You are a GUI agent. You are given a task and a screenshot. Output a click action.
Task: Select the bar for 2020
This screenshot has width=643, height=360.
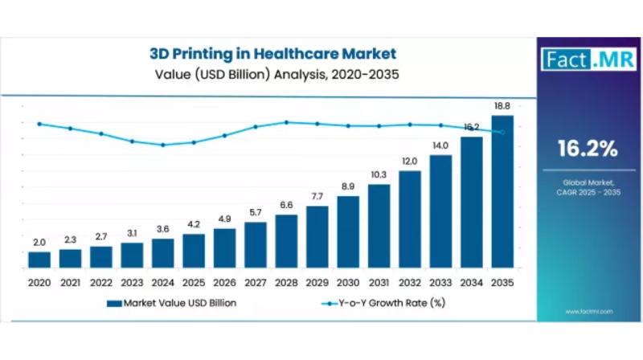click(x=39, y=259)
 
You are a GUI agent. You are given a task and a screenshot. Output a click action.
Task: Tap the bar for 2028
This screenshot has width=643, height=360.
click(x=286, y=240)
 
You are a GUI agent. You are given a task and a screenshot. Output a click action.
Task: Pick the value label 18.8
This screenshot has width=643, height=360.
click(x=502, y=106)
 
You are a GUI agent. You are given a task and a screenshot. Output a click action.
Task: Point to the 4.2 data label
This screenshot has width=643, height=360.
click(x=194, y=225)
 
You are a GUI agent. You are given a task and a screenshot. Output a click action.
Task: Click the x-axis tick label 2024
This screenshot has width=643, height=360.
click(x=163, y=283)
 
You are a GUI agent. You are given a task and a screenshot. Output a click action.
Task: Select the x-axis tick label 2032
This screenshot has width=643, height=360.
click(x=410, y=283)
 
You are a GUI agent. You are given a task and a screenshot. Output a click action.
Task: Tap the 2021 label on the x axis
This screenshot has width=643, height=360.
click(x=70, y=283)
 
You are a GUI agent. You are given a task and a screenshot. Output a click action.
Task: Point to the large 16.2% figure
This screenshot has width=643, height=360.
click(x=588, y=149)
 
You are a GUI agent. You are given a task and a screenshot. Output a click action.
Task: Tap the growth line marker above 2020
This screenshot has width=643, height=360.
click(x=39, y=124)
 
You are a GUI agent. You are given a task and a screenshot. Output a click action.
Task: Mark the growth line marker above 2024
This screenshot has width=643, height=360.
click(x=163, y=145)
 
